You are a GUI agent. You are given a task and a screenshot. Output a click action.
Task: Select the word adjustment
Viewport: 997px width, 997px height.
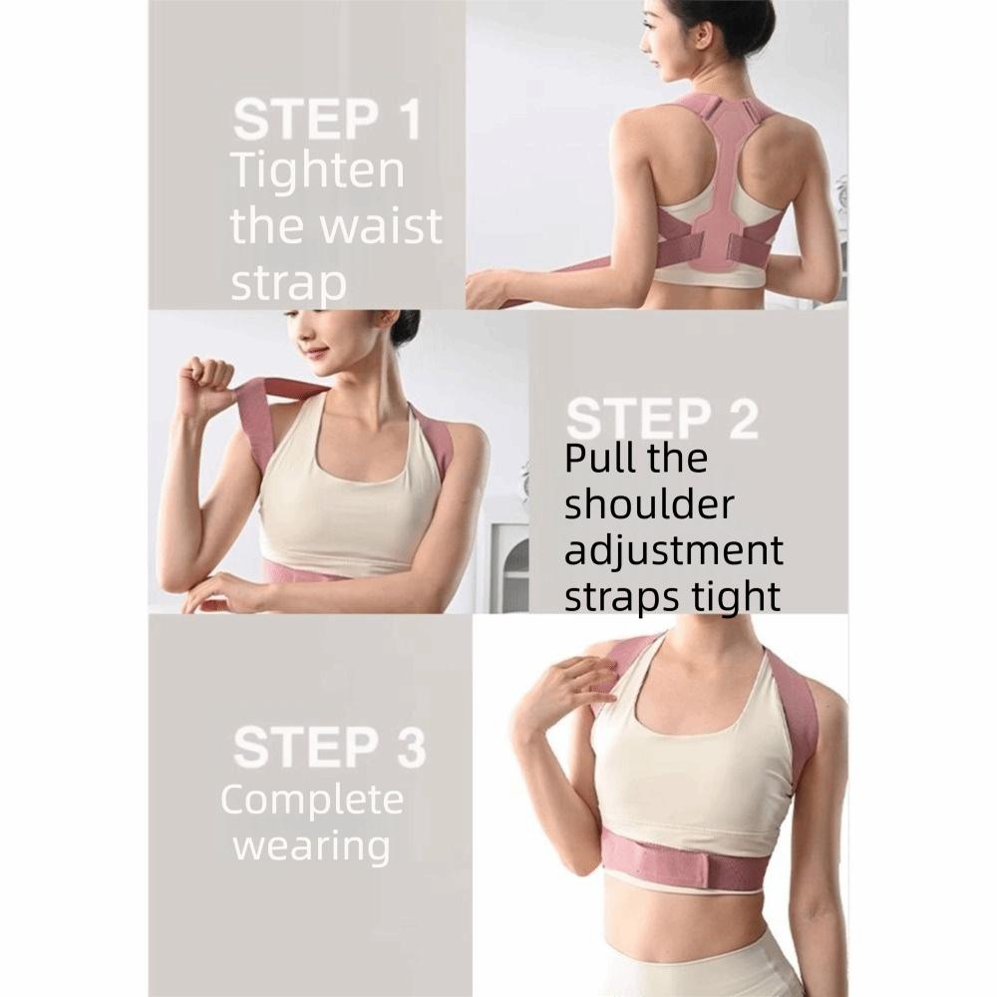674,551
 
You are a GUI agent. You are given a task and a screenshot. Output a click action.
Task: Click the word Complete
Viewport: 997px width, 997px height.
312,800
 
